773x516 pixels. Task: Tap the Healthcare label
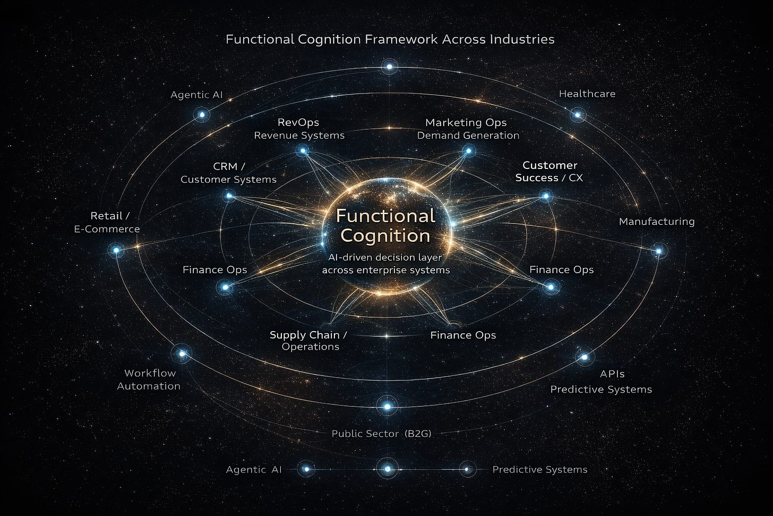tap(587, 94)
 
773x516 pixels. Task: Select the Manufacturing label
tap(657, 222)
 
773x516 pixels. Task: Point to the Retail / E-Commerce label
tap(108, 223)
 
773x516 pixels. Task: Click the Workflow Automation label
tap(149, 379)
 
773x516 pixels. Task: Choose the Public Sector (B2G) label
tap(381, 434)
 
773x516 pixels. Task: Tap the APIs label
tap(612, 374)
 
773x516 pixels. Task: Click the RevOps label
tap(298, 123)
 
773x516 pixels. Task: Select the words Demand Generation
tap(468, 136)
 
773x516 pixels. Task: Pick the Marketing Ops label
tap(466, 123)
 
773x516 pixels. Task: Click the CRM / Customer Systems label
tap(229, 173)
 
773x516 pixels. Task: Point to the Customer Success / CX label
tap(549, 172)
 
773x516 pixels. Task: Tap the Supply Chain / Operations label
tap(308, 341)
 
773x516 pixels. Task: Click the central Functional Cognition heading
tap(386, 225)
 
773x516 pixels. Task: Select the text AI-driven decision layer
tap(385, 257)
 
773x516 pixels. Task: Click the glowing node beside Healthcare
tap(578, 114)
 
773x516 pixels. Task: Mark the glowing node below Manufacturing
tap(659, 250)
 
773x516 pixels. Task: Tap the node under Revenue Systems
tap(303, 151)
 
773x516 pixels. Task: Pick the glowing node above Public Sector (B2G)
tap(387, 407)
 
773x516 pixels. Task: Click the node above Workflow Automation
tap(182, 353)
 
